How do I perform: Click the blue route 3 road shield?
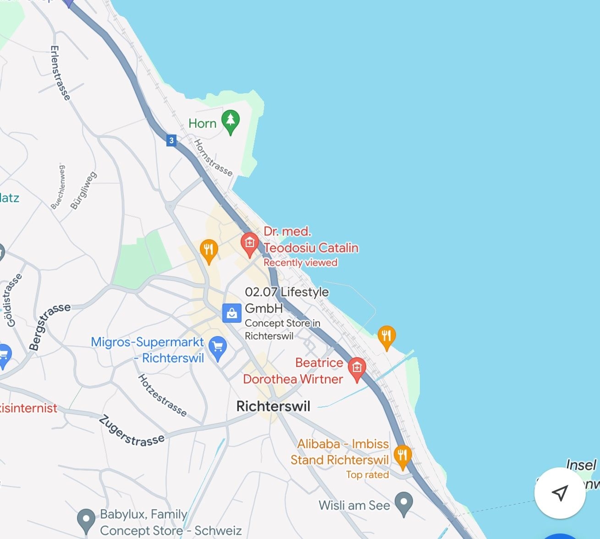click(x=171, y=140)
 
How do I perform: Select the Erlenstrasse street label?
click(x=61, y=73)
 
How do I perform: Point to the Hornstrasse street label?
click(x=213, y=158)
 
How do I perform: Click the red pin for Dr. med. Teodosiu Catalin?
click(x=250, y=244)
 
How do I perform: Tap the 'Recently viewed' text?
click(x=300, y=263)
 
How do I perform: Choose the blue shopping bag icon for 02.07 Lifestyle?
click(x=232, y=314)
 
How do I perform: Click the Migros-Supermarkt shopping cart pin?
click(x=218, y=348)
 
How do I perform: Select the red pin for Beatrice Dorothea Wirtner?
click(x=357, y=369)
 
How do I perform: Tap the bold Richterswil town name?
click(x=273, y=406)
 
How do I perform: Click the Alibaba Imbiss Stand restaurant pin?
click(x=402, y=456)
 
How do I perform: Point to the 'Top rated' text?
click(x=367, y=475)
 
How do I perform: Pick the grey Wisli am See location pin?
click(x=404, y=503)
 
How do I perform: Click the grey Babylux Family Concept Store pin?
click(x=86, y=520)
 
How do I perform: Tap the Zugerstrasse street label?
click(x=132, y=432)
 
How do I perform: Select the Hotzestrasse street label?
click(x=163, y=395)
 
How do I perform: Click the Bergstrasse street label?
click(x=49, y=326)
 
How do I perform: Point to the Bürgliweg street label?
click(x=83, y=191)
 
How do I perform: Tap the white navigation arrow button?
click(x=560, y=493)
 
